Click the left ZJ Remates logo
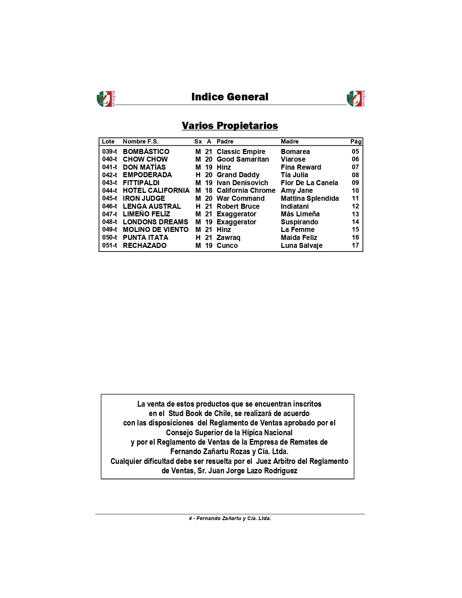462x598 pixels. (x=105, y=99)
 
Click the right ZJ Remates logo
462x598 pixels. (x=355, y=99)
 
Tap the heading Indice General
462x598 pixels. (x=230, y=97)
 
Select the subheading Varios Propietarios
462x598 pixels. (x=230, y=125)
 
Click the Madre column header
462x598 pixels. (x=290, y=141)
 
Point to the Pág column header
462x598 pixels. (x=355, y=141)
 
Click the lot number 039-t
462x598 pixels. (x=109, y=151)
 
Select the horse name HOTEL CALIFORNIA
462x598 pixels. (x=156, y=190)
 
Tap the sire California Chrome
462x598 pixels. (x=246, y=190)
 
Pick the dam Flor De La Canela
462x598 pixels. (x=309, y=183)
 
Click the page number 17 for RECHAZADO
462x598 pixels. (x=355, y=245)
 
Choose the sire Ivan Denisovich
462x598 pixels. (x=242, y=183)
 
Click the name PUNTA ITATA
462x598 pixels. (x=145, y=237)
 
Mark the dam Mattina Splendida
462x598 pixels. (x=309, y=198)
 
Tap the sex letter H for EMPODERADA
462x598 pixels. (x=198, y=175)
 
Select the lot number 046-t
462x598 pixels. (x=109, y=206)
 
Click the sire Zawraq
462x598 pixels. (x=228, y=237)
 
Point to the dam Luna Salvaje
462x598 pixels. (x=301, y=245)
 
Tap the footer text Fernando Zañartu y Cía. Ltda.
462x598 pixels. (x=233, y=518)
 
